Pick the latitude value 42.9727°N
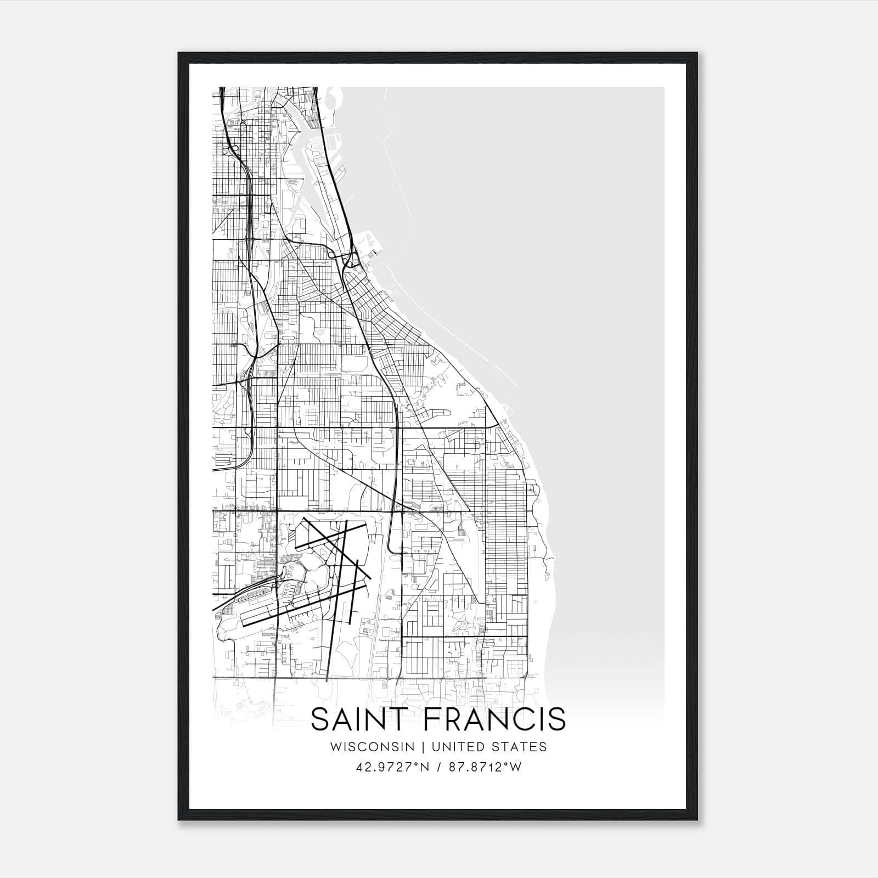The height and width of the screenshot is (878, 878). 391,767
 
